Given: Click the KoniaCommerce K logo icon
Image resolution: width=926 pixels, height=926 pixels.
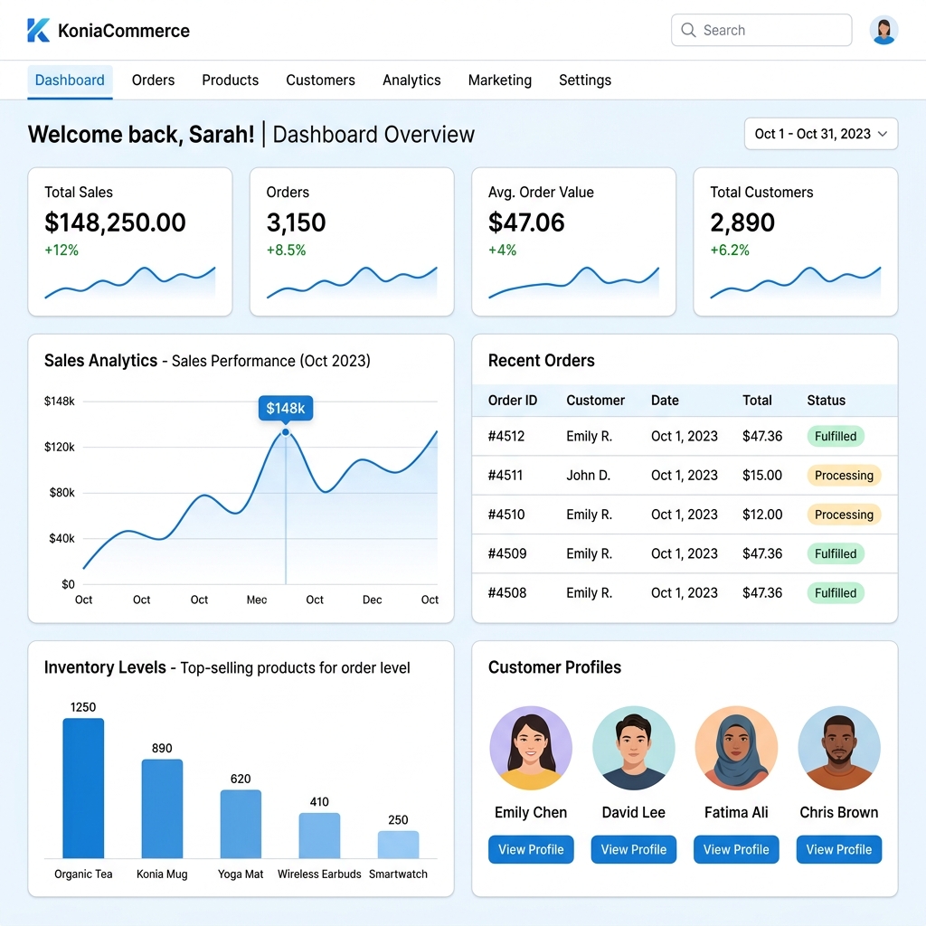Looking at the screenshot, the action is pyautogui.click(x=38, y=30).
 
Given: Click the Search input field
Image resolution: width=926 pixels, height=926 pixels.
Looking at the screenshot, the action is pyautogui.click(x=761, y=30).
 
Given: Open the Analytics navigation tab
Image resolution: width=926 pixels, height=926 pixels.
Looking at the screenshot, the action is pyautogui.click(x=411, y=80).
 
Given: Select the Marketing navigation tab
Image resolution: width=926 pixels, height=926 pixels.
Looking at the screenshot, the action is pyautogui.click(x=499, y=80).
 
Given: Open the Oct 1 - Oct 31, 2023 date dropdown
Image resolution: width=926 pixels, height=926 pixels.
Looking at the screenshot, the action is pyautogui.click(x=821, y=134).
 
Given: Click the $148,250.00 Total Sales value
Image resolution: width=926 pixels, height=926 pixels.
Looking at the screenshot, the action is pyautogui.click(x=115, y=222).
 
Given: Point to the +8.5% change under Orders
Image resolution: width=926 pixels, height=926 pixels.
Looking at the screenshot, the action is pyautogui.click(x=287, y=250).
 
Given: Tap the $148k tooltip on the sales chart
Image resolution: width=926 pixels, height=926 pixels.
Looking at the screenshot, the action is pyautogui.click(x=286, y=408).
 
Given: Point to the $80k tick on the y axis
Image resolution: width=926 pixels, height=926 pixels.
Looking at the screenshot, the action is pyautogui.click(x=62, y=493).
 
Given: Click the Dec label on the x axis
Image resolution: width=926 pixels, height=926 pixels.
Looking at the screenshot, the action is pyautogui.click(x=372, y=600).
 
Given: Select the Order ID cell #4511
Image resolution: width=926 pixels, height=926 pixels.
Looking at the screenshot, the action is pyautogui.click(x=506, y=476).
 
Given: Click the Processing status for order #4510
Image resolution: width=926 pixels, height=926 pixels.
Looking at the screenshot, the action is pyautogui.click(x=844, y=515).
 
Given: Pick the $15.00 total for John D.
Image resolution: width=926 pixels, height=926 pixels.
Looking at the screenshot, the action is pyautogui.click(x=762, y=476).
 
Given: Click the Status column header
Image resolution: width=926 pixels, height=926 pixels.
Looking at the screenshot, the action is pyautogui.click(x=827, y=401).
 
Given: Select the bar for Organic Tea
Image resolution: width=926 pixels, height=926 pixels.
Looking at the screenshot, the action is pyautogui.click(x=83, y=788).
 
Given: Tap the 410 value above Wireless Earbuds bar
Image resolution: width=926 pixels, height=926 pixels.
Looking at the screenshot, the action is pyautogui.click(x=319, y=802).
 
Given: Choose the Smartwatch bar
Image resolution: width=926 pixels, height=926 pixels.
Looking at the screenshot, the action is pyautogui.click(x=398, y=845).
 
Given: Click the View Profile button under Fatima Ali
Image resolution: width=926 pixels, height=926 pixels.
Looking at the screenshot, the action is pyautogui.click(x=736, y=849).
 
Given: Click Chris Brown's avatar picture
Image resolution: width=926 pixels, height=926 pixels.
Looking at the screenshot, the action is pyautogui.click(x=838, y=748).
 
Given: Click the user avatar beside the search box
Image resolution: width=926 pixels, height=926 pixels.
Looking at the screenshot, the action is pyautogui.click(x=883, y=30).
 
